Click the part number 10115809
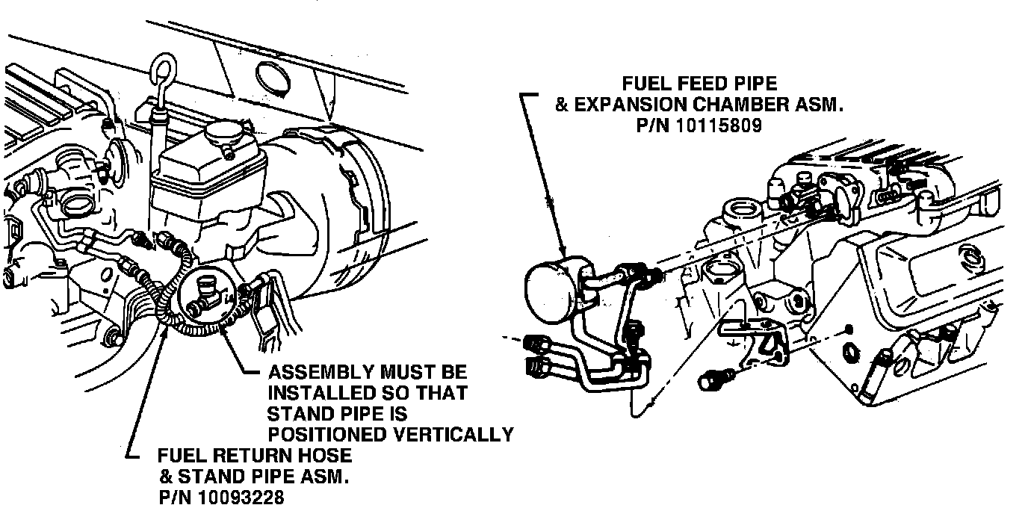coord(719,126)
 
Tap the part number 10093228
coord(241,496)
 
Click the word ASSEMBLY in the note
coord(323,371)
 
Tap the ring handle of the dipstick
coord(164,68)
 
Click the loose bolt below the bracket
coord(712,380)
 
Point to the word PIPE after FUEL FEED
coord(752,84)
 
